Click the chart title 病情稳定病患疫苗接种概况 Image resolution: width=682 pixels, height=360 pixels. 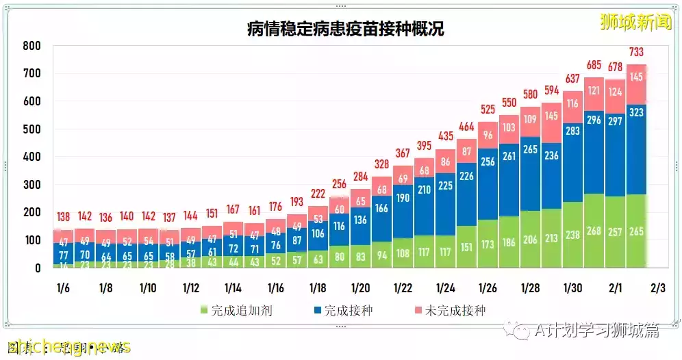point(346,29)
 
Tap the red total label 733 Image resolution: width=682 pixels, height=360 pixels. point(637,53)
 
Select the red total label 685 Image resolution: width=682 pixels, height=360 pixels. point(594,66)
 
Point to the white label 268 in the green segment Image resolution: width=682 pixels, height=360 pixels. point(594,231)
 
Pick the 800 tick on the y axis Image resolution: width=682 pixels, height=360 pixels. point(32,46)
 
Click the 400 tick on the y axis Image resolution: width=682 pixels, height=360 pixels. point(32,157)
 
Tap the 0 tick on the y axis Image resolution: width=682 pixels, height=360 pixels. point(38,268)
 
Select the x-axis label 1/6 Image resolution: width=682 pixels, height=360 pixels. point(62,288)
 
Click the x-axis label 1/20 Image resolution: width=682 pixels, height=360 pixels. point(361,288)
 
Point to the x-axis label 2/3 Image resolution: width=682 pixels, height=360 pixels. point(657,288)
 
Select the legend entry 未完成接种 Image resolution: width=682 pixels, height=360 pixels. point(449,311)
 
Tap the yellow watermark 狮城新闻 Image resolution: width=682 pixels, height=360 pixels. point(635,23)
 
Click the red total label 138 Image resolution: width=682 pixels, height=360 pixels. point(63,217)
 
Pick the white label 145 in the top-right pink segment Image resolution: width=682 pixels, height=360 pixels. point(637,77)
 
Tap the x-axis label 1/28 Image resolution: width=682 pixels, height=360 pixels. point(531,288)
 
